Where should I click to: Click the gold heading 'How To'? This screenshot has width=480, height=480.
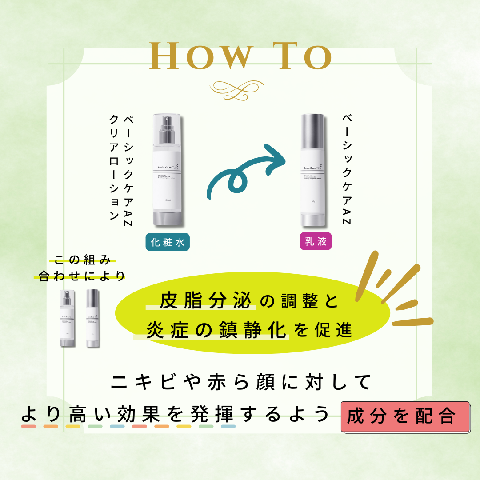(240, 56)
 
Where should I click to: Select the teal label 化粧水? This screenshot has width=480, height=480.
(168, 242)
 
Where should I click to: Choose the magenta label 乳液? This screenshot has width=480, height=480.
(316, 242)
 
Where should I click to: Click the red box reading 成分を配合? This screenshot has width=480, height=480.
(405, 416)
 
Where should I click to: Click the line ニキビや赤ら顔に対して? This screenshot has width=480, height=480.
(240, 383)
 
